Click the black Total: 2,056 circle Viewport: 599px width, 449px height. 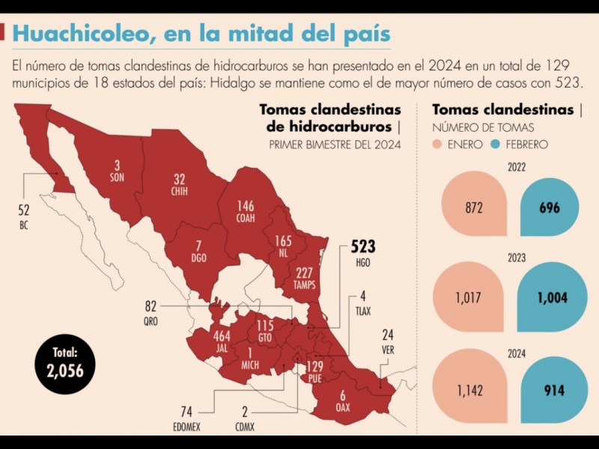tap(64, 364)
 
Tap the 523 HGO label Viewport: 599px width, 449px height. tap(362, 252)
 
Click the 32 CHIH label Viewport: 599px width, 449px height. tap(179, 184)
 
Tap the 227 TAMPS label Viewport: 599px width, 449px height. tap(304, 277)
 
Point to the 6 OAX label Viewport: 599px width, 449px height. tap(342, 401)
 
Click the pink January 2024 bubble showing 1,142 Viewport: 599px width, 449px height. tap(469, 389)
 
